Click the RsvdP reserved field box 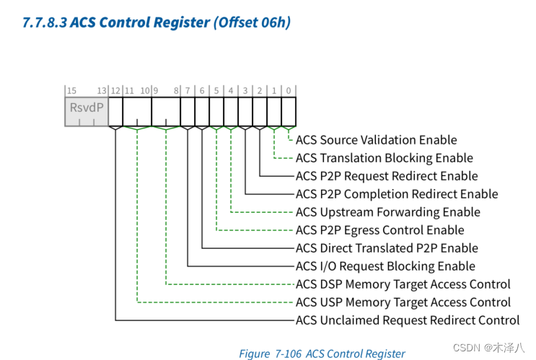coord(86,111)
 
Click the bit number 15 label coord(71,90)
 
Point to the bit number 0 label coord(289,90)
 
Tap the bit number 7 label coord(188,90)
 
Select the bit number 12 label coord(115,90)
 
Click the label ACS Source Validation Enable coord(376,140)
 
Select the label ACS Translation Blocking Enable coord(384,158)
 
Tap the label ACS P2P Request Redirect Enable coord(387,176)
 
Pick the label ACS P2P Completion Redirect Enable coord(397,194)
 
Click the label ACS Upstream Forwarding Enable coord(387,212)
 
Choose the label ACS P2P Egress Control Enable coord(379,230)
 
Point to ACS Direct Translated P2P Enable coord(387,248)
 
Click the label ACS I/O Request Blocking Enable coord(385,266)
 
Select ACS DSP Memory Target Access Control coord(403,284)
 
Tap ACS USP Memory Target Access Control coord(403,302)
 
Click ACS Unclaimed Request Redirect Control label coord(407,320)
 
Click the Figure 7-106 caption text coord(322,354)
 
